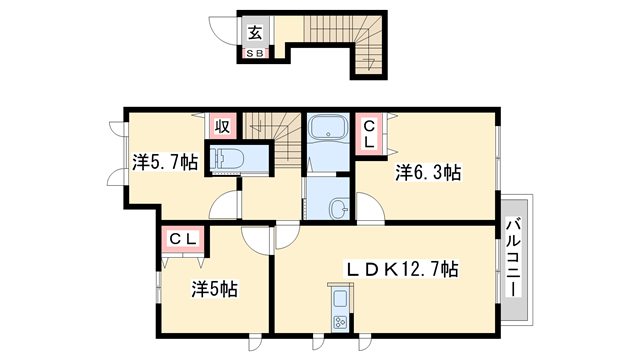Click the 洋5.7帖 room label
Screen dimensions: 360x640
[x=164, y=161]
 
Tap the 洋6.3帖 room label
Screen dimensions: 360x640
[x=428, y=172]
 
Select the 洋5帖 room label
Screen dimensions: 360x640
[x=214, y=289]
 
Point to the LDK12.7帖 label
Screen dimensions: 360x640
[x=402, y=269]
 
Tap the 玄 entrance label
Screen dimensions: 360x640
[x=255, y=31]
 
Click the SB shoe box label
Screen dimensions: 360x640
[x=255, y=54]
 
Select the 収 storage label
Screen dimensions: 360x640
[x=223, y=127]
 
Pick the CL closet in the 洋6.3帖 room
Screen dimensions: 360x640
[x=369, y=134]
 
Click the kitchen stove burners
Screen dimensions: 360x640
[x=338, y=321]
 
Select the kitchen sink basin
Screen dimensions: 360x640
[x=337, y=298]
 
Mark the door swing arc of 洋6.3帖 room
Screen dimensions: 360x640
[x=371, y=209]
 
